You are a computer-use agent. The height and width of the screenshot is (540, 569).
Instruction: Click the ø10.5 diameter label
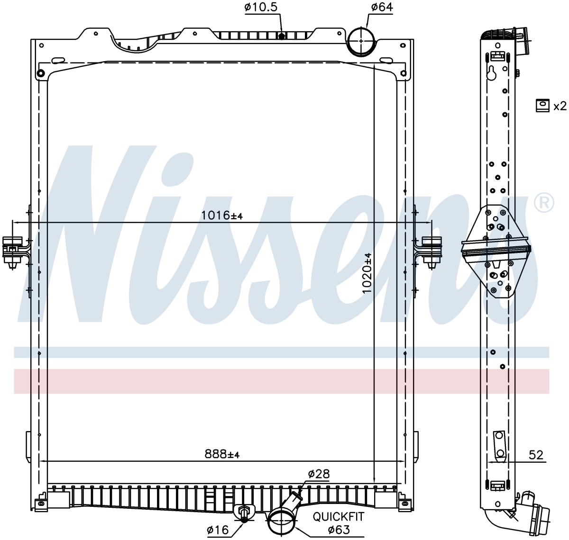261,7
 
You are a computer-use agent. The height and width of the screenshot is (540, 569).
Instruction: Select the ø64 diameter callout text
382,7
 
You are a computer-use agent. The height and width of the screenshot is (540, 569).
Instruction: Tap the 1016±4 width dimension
222,215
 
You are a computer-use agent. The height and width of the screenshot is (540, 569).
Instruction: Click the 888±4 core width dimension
222,454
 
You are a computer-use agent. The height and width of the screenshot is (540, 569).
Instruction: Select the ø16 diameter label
218,530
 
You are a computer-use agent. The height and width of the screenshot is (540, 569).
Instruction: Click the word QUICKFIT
339,516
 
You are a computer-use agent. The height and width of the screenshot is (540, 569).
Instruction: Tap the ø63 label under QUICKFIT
339,530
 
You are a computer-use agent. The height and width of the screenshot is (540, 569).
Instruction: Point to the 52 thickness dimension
536,455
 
